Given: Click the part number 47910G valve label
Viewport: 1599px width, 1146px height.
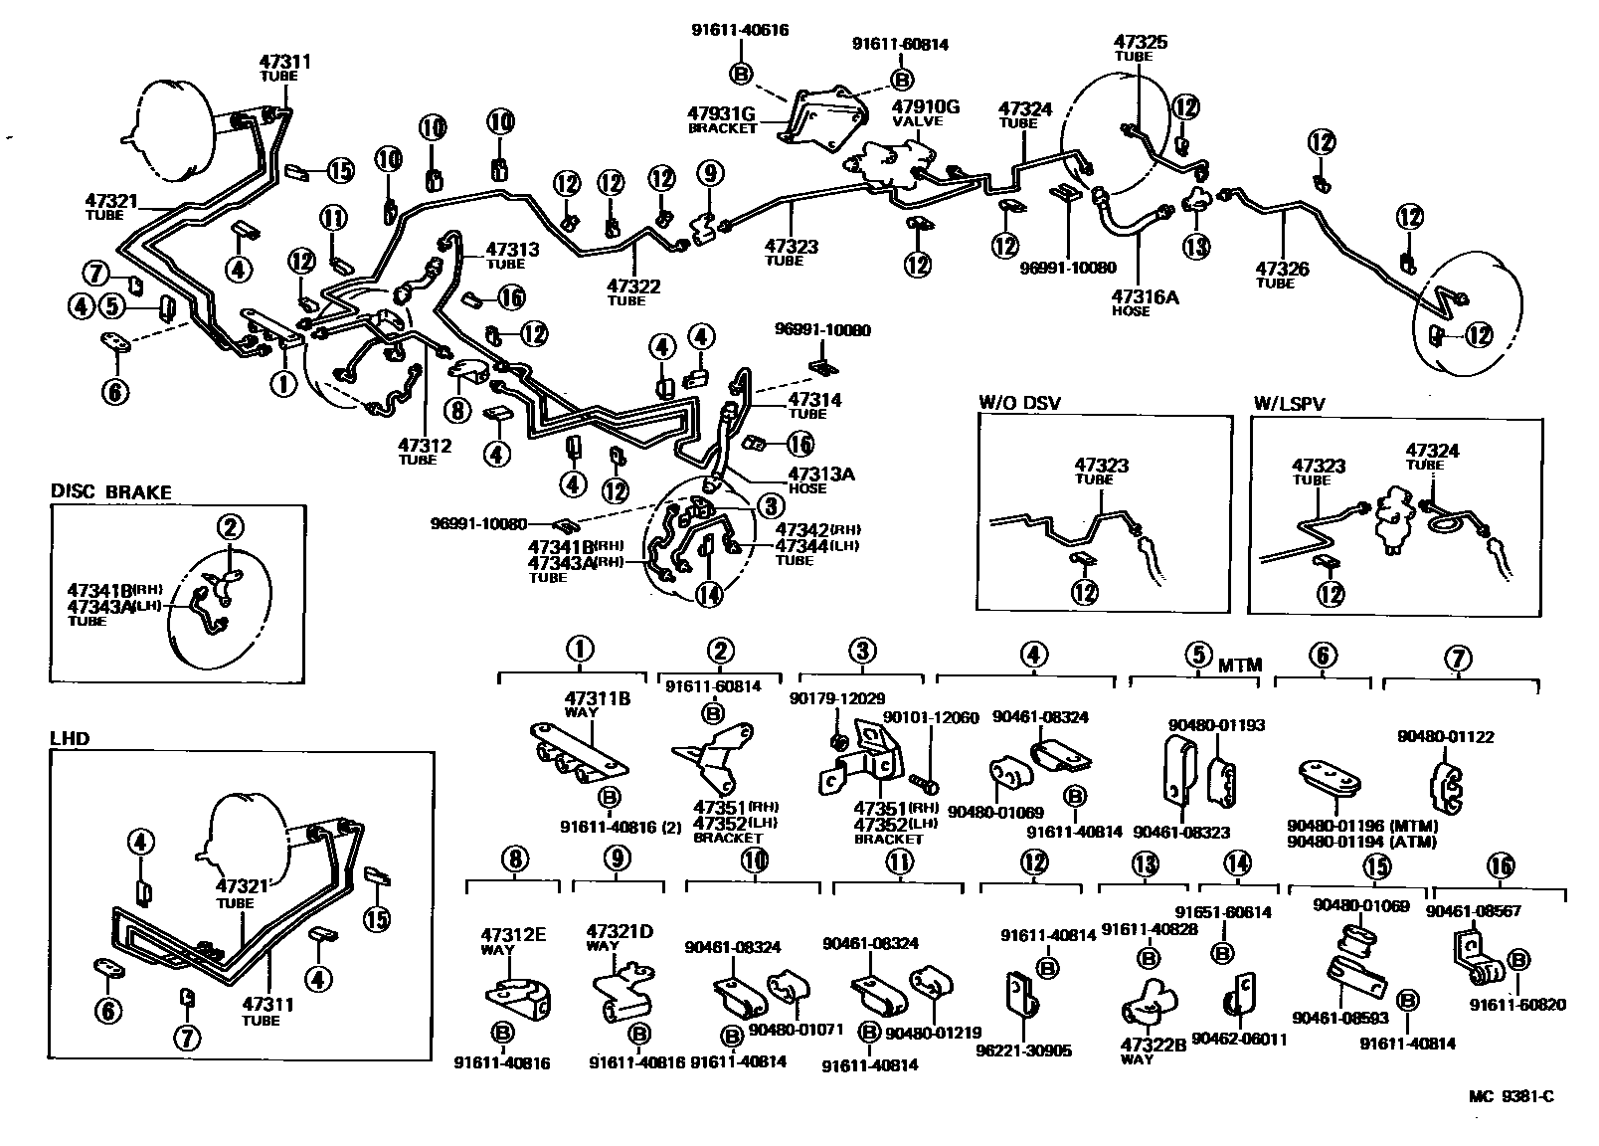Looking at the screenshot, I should (924, 107).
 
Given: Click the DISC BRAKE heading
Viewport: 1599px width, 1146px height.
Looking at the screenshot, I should (110, 492).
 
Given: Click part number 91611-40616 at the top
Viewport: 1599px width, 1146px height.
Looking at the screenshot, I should (740, 30).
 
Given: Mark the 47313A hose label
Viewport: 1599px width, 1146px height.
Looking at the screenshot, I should (820, 475).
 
